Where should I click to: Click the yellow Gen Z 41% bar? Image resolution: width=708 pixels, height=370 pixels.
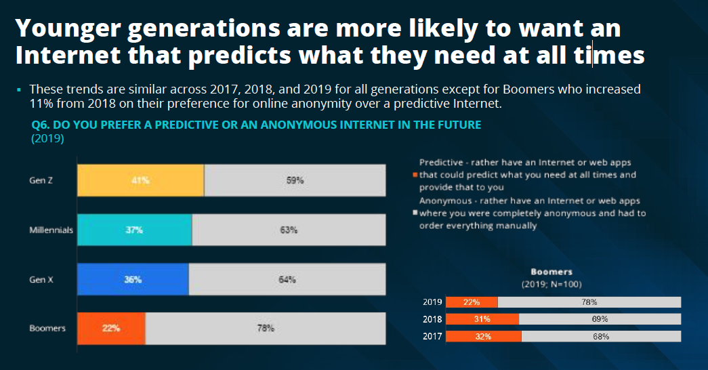(140, 181)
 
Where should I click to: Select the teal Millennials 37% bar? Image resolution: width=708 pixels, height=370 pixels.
(135, 230)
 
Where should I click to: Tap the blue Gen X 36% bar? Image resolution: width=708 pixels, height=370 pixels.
(133, 279)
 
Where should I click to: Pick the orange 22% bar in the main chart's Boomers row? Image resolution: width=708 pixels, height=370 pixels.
(111, 328)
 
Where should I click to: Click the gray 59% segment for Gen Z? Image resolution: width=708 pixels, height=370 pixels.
(295, 181)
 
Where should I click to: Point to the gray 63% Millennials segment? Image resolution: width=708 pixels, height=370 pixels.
(289, 230)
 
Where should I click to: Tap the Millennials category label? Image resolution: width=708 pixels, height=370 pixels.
(51, 230)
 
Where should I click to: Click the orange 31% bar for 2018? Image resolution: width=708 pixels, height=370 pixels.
(482, 318)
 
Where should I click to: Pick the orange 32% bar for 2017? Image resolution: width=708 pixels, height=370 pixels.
(483, 335)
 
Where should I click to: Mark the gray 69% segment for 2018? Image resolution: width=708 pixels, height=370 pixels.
(600, 318)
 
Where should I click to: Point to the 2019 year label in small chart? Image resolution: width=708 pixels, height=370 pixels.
(432, 302)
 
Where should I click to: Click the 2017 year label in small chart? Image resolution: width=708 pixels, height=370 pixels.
(432, 335)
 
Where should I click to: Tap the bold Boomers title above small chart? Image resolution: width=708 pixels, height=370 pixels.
(551, 272)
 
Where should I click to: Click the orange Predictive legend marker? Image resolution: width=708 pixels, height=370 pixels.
(415, 176)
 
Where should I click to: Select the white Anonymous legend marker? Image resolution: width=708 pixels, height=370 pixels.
(415, 213)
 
